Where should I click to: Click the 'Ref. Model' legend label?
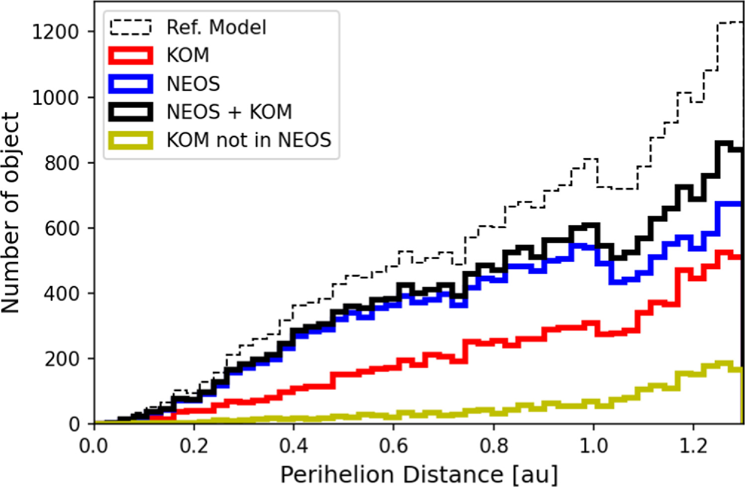coord(216,27)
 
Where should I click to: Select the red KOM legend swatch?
coord(130,55)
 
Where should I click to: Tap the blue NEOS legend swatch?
coord(130,84)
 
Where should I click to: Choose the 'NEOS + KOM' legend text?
coord(229,112)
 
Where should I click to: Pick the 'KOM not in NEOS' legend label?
coord(248,140)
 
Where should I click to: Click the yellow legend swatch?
coord(130,140)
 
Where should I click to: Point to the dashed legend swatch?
coord(130,27)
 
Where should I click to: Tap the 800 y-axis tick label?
coord(62,163)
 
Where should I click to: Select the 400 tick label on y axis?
coord(62,293)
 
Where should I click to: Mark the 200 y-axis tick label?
coord(62,359)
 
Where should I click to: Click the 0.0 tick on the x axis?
coord(94,446)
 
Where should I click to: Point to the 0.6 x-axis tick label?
coord(394,446)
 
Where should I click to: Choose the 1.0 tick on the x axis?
coord(593,446)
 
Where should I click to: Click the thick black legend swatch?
coord(130,112)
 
